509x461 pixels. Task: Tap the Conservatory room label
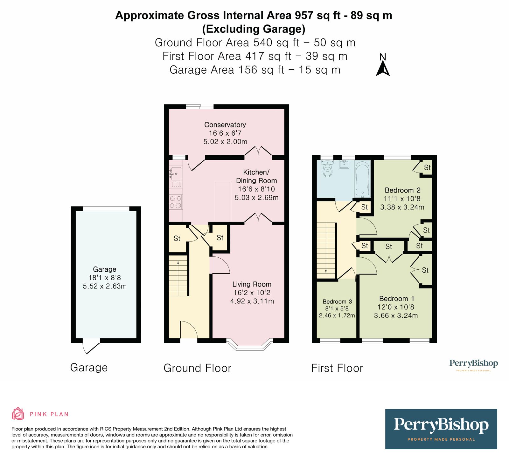[x=225, y=125]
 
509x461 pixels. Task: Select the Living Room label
[x=252, y=284]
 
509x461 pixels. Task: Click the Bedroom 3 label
[x=337, y=302]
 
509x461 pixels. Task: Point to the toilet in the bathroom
[x=327, y=168]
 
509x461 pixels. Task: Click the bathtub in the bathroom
[x=363, y=179]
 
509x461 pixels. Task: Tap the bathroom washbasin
[x=344, y=164]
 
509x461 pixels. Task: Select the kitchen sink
[x=176, y=174]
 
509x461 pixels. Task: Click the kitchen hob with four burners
[x=176, y=202]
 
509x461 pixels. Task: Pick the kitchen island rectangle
[x=223, y=202]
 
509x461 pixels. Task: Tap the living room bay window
[x=250, y=345]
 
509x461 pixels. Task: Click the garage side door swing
[x=91, y=347]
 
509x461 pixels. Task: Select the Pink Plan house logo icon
[x=18, y=414]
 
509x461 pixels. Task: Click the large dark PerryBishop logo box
[x=441, y=429]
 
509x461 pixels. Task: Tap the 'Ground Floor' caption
[x=197, y=368]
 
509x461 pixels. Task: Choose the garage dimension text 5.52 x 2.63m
[x=105, y=286]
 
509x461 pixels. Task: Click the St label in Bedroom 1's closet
[x=425, y=270]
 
